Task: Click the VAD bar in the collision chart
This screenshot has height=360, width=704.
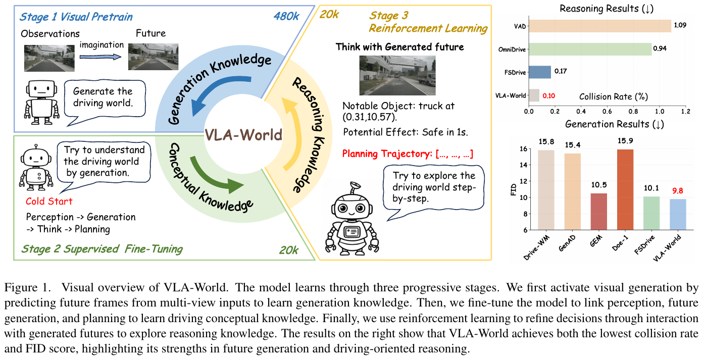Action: pyautogui.click(x=599, y=26)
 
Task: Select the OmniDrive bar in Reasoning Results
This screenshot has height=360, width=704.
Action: pyautogui.click(x=589, y=49)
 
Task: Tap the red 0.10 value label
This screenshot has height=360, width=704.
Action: pyautogui.click(x=548, y=95)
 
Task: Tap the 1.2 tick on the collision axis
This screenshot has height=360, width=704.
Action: pyautogui.click(x=685, y=110)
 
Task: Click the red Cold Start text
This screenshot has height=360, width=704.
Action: pyautogui.click(x=49, y=201)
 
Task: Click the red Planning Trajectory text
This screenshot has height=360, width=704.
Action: pyautogui.click(x=407, y=154)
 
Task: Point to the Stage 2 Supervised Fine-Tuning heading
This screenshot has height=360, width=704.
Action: pyautogui.click(x=102, y=248)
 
